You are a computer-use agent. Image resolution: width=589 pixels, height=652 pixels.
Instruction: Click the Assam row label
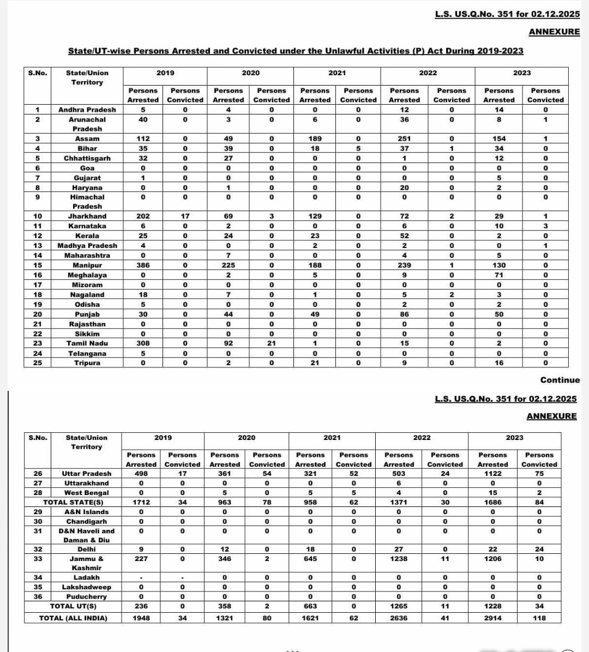click(87, 138)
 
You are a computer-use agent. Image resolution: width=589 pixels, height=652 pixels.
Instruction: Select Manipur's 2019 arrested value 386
click(143, 265)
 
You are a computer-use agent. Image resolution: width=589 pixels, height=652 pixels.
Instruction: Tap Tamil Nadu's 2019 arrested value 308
click(143, 343)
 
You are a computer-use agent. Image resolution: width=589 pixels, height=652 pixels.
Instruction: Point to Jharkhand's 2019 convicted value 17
click(185, 216)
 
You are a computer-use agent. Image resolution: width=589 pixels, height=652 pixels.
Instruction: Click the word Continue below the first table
click(560, 380)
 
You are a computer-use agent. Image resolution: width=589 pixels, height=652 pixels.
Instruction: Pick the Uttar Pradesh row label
click(87, 474)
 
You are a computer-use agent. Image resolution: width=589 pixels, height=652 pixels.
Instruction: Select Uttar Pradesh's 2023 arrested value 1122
click(492, 474)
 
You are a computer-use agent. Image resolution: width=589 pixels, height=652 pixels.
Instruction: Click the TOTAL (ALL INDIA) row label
click(73, 618)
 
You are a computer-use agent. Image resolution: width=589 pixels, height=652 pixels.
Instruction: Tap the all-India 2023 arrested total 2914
click(492, 618)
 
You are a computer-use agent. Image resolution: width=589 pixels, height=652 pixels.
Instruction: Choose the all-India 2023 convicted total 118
click(539, 618)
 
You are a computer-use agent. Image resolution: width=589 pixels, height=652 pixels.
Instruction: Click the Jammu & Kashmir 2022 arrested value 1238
click(399, 559)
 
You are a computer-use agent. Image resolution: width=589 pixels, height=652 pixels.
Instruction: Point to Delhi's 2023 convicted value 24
click(539, 549)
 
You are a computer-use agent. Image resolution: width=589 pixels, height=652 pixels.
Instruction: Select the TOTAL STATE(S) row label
click(73, 502)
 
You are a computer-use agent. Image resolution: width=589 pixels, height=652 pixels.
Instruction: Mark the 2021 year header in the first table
click(337, 73)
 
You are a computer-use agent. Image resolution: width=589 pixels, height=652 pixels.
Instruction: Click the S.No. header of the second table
click(38, 438)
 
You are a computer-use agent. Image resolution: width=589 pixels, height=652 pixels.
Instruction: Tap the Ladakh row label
click(87, 577)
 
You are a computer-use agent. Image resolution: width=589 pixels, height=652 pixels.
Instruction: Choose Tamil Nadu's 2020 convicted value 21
click(272, 343)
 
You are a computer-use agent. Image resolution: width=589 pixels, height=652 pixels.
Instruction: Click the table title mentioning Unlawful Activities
click(295, 51)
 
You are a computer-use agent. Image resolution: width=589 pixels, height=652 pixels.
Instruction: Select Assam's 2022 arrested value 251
click(404, 138)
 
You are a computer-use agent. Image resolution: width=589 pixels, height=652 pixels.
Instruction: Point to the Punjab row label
click(87, 315)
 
